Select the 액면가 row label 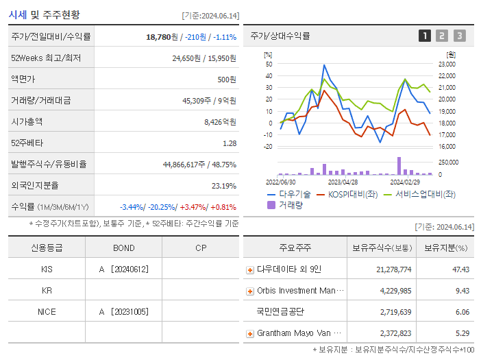click(23, 79)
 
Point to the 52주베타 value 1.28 click(230, 143)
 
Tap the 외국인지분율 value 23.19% click(224, 185)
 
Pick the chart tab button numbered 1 click(425, 36)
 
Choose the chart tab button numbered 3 click(459, 36)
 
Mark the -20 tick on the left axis click(268, 146)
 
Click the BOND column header click(123, 248)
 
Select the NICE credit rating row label click(47, 311)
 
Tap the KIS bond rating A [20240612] click(123, 269)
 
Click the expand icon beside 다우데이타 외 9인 click(250, 269)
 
